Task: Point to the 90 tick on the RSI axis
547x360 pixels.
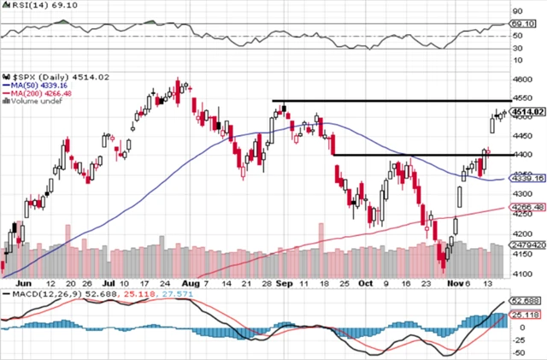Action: [x=517, y=11]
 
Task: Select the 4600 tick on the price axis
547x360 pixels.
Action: [x=520, y=80]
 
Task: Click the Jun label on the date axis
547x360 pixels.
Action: [x=23, y=283]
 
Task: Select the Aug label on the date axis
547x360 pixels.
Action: [x=191, y=283]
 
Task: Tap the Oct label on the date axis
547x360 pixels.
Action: [x=365, y=283]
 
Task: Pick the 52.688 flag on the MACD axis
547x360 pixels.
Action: [x=521, y=301]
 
